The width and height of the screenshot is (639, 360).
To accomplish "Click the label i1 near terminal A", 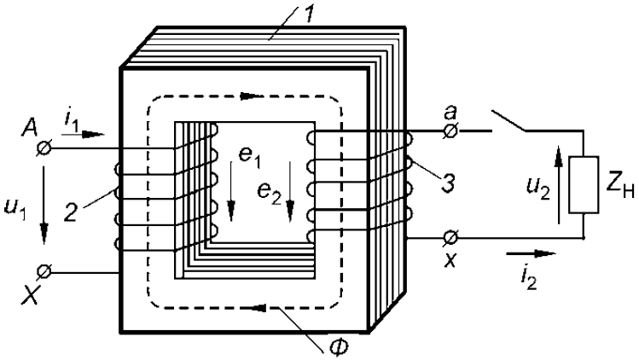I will click(x=70, y=119).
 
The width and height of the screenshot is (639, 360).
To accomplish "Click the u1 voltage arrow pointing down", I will click(x=44, y=209).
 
